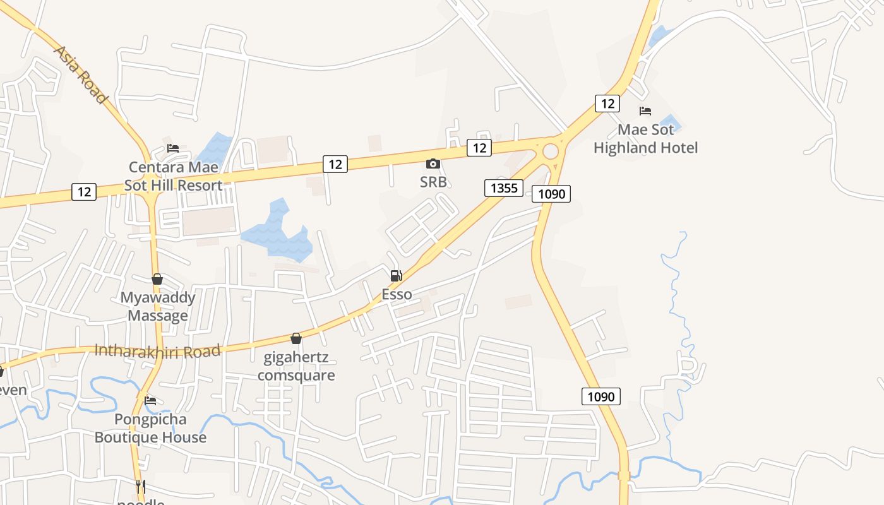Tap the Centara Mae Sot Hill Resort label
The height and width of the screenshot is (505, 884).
click(173, 176)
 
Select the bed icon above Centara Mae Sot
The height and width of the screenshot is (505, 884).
click(173, 148)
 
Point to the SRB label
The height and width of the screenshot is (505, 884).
click(433, 182)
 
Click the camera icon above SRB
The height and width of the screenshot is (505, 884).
click(433, 164)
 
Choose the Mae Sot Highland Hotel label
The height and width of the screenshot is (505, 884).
click(645, 139)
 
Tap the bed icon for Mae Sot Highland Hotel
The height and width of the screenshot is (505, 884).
click(645, 111)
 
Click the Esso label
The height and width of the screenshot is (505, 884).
click(397, 294)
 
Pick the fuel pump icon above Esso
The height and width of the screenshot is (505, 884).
click(397, 276)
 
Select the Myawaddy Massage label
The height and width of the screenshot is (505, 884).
click(158, 306)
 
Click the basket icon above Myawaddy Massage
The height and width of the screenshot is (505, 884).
click(157, 279)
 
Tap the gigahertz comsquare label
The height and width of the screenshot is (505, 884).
click(296, 366)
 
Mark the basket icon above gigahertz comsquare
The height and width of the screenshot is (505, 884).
click(296, 338)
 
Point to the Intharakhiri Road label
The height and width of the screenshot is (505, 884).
click(157, 350)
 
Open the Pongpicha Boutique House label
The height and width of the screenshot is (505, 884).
click(150, 428)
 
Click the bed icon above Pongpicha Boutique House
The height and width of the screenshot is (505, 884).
click(150, 400)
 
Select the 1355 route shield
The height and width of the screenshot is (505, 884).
click(504, 187)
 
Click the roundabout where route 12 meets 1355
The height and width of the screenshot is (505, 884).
click(551, 151)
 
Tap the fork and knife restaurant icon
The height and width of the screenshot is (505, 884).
click(141, 487)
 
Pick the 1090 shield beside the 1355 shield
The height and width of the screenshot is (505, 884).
click(551, 194)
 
